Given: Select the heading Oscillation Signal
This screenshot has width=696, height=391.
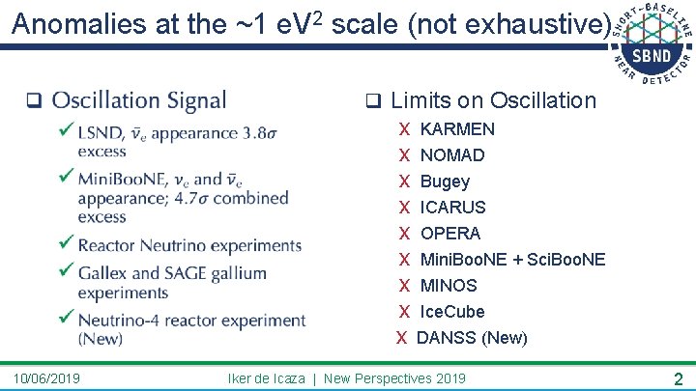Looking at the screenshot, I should (138, 100).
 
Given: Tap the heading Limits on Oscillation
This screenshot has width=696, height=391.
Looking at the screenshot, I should (493, 100).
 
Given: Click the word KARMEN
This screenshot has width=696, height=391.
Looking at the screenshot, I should (457, 129).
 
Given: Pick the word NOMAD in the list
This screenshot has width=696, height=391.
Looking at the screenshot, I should (452, 155).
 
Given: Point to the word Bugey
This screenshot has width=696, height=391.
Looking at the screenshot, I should (445, 182).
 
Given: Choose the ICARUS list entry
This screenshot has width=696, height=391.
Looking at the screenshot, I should (452, 208).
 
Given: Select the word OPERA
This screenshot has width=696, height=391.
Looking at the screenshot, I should (449, 234).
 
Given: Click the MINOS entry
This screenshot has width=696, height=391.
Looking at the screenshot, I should (449, 286).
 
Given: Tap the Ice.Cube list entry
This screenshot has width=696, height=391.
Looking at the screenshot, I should (452, 312).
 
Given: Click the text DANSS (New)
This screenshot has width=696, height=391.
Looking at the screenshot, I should (472, 338).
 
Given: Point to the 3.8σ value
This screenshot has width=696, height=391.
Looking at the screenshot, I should (258, 132).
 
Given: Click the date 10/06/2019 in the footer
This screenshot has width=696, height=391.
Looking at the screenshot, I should (47, 377).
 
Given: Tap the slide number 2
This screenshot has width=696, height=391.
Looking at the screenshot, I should (679, 378).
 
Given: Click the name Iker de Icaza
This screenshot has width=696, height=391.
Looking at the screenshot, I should (267, 377).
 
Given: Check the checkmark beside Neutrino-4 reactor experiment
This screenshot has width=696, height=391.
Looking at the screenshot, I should (65, 319).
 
